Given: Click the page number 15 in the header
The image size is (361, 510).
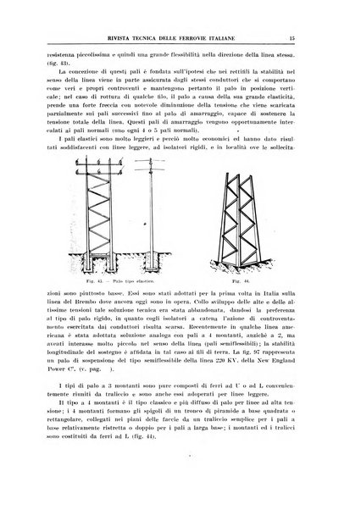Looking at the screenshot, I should (x=314, y=36).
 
